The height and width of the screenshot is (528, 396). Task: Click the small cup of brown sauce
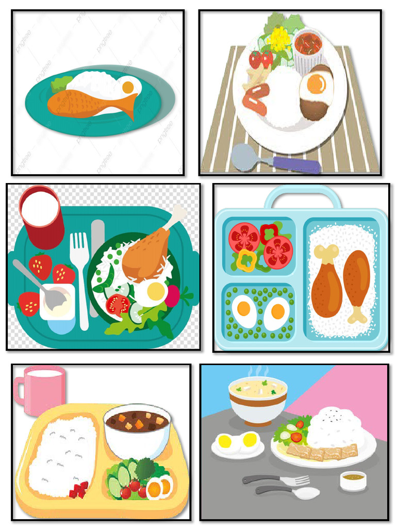[353, 481]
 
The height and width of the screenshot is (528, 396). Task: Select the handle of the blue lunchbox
[302, 195]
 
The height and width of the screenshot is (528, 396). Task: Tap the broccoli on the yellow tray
[146, 468]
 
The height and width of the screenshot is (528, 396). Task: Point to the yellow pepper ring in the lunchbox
[246, 261]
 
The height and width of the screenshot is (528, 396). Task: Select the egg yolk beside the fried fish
[128, 87]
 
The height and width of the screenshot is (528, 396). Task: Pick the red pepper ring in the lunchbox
[269, 233]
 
